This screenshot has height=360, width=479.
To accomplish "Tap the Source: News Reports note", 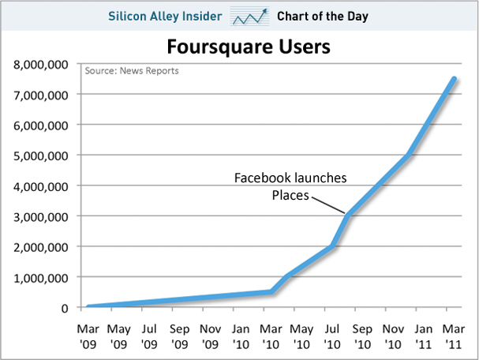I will pyautogui.click(x=132, y=71).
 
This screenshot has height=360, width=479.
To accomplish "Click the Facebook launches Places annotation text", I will pyautogui.click(x=290, y=186).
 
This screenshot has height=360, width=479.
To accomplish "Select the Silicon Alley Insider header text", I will pyautogui.click(x=166, y=16).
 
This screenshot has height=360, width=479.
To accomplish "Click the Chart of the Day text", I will pyautogui.click(x=323, y=16).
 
